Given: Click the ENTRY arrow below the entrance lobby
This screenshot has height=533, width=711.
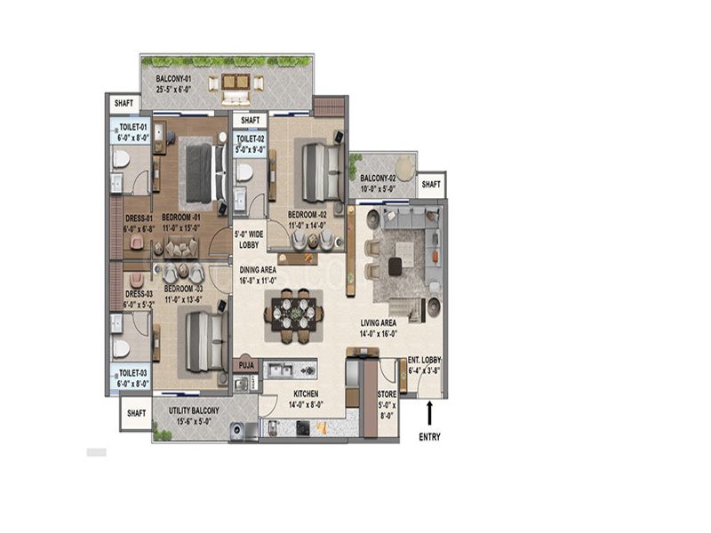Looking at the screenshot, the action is pos(429,413).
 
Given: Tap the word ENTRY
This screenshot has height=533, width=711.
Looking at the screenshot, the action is pos(429,437).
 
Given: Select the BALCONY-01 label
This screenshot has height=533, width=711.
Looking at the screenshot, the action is pos(170,79).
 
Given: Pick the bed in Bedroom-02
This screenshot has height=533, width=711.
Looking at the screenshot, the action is pos(323,171).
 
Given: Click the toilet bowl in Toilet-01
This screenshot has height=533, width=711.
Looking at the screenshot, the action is pos(121,159).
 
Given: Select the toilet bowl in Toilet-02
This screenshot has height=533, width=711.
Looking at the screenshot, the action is pos(244,171).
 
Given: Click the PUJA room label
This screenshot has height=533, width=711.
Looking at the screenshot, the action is pos(246,365).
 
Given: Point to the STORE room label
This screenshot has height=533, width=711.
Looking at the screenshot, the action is pos(387,394).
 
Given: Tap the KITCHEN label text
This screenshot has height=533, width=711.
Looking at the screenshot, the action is pos(306,394).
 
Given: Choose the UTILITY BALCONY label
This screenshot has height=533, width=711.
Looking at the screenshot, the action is pos(194,410).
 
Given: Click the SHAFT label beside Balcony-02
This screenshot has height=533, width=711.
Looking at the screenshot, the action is pos(431,185).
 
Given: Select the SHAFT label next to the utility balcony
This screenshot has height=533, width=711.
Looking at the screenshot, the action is pos(136,413).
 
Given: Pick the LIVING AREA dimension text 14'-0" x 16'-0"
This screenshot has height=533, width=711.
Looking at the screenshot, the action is pos(379,334).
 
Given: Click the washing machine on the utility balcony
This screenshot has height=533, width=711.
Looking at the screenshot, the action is pos(236,430).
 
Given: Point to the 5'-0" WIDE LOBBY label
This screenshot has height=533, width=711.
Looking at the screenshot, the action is pos(249,240).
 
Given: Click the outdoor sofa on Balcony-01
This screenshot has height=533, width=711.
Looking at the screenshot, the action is pos(235,97).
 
